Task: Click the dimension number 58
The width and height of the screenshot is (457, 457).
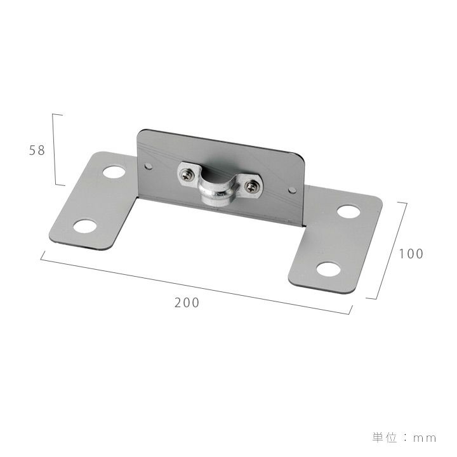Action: pos(37,150)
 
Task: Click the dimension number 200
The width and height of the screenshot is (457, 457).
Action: pos(187,303)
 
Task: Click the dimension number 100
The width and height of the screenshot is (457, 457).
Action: pos(411,254)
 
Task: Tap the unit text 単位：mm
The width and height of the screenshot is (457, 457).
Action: pos(404,438)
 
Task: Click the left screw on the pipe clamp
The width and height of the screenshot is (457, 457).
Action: pos(186,175)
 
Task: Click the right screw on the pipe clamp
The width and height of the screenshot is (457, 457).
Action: pos(250,187)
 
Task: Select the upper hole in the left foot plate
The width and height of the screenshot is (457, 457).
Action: pos(114,172)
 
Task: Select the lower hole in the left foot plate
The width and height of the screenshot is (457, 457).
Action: pos(84,226)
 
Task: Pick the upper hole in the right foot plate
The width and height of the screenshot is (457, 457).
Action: pos(348,211)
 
